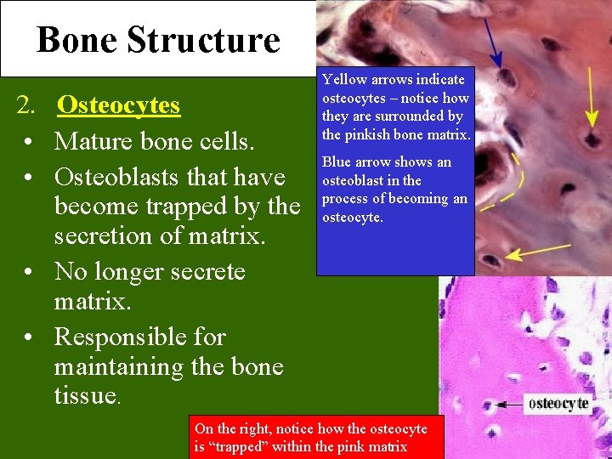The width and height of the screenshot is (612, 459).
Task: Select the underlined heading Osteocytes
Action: point(118,105)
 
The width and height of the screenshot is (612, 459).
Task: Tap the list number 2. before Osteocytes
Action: point(27,105)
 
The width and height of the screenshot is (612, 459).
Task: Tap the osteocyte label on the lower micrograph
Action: point(558,404)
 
